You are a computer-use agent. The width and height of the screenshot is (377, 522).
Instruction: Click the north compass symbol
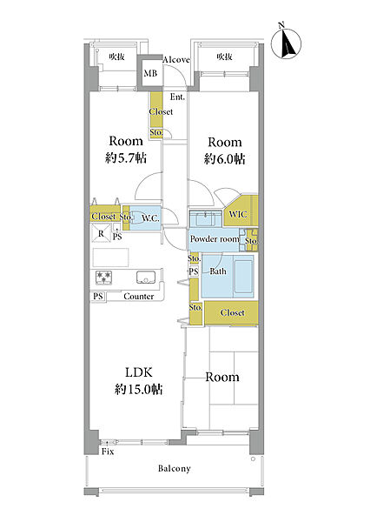pos(286,43)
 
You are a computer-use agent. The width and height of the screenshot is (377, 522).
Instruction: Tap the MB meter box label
pos(150,73)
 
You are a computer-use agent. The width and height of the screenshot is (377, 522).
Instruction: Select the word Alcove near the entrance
pos(176,59)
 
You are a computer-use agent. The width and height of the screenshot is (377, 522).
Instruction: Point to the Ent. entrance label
pos(177,97)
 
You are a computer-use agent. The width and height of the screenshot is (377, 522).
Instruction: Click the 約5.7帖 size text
pos(126,157)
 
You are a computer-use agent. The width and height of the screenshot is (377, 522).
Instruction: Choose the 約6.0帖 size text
pos(225,159)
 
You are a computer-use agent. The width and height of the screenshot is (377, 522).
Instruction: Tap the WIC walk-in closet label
pos(238,214)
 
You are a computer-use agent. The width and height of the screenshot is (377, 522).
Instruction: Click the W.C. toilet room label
pos(150,218)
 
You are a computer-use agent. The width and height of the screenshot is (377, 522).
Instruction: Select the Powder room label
pos(215,239)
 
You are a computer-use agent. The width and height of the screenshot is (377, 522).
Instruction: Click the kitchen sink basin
pos(146,277)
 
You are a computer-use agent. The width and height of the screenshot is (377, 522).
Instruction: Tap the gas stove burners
pos(103,278)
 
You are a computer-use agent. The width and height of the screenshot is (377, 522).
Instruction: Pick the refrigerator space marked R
pos(101,233)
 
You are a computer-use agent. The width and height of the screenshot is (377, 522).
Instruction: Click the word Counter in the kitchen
pos(139,297)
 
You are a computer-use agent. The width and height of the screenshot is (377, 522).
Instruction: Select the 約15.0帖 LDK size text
pos(139,389)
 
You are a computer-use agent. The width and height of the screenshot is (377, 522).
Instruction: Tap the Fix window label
pos(108,452)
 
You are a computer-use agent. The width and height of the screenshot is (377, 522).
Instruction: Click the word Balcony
pos(175,469)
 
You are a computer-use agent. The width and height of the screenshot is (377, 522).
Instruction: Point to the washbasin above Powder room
pos(205,219)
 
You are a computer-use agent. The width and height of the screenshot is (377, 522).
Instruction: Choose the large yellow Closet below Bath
pos(231,313)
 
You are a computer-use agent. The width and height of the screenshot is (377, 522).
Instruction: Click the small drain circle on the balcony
pos(253,459)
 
